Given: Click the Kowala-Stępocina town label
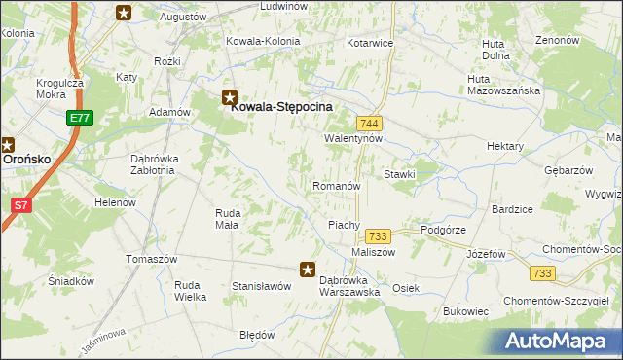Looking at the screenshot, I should pyautogui.click(x=281, y=107).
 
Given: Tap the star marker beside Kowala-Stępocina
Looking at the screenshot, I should pyautogui.click(x=230, y=96).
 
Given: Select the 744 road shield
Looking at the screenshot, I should pyautogui.click(x=369, y=124).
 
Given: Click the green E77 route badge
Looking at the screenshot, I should pyautogui.click(x=79, y=119).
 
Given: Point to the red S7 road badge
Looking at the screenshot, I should pyautogui.click(x=20, y=204).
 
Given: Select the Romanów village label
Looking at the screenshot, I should pyautogui.click(x=337, y=185).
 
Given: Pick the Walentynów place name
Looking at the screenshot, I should pyautogui.click(x=353, y=138).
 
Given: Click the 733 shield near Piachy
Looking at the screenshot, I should pyautogui.click(x=378, y=236).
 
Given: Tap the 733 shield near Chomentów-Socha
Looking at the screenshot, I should pyautogui.click(x=545, y=273).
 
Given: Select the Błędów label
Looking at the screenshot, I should pyautogui.click(x=257, y=335).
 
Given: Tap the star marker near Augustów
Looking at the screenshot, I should pyautogui.click(x=124, y=13).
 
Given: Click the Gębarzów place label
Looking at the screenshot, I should pyautogui.click(x=568, y=169).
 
